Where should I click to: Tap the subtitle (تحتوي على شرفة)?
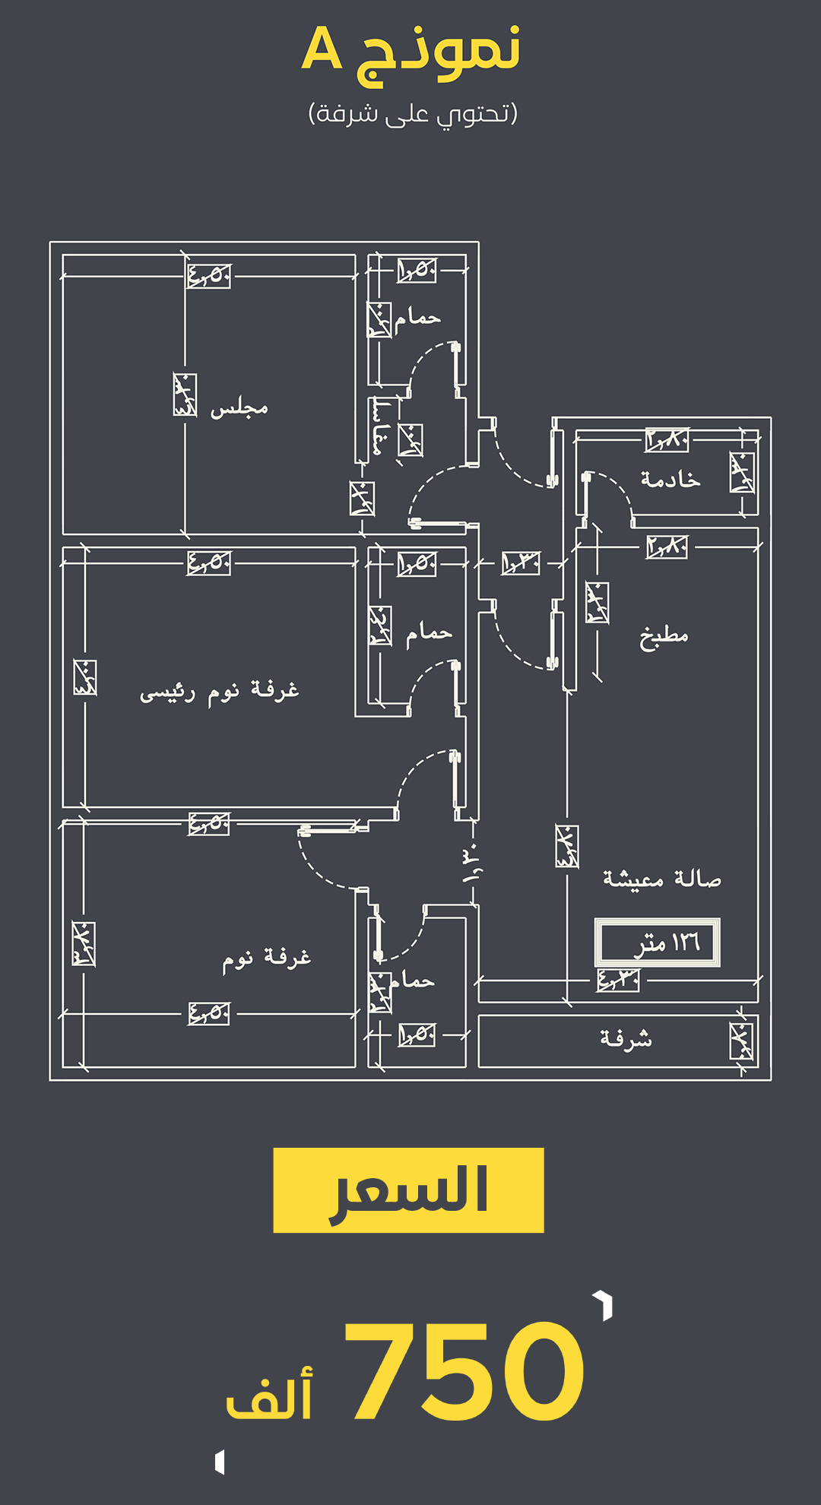click(x=413, y=113)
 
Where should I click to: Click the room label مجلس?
click(x=239, y=408)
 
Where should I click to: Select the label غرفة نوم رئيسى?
click(x=220, y=692)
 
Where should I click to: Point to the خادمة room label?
click(x=670, y=480)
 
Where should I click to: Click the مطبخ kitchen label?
click(x=664, y=636)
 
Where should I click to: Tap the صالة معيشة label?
click(x=662, y=879)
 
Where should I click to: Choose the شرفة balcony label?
click(x=626, y=1039)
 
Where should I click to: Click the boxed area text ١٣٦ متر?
click(x=658, y=943)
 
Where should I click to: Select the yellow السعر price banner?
click(x=408, y=1190)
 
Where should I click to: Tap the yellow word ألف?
click(x=270, y=1395)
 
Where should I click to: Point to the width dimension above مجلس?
click(x=209, y=275)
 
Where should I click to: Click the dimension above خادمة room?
click(x=667, y=439)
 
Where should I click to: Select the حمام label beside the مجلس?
click(x=417, y=318)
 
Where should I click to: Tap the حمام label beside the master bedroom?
click(x=429, y=632)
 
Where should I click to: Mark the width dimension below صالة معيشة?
click(x=617, y=981)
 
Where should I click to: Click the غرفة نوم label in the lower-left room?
click(x=267, y=958)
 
